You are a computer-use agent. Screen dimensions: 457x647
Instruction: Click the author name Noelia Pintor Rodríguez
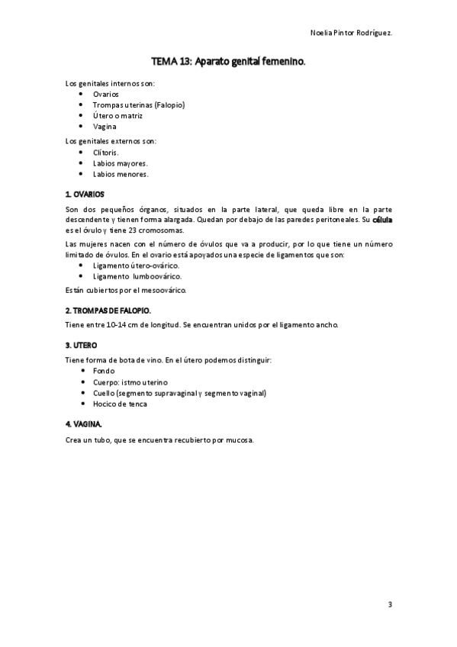pyautogui.click(x=351, y=33)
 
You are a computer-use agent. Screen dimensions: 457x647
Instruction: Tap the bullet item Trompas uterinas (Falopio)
pyautogui.click(x=139, y=105)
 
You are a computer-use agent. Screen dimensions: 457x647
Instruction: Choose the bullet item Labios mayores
pyautogui.click(x=121, y=163)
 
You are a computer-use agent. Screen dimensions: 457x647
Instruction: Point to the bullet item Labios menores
pyautogui.click(x=121, y=173)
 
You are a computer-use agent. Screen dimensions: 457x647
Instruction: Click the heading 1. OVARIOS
pyautogui.click(x=85, y=194)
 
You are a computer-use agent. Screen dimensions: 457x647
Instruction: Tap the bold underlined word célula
pyautogui.click(x=381, y=220)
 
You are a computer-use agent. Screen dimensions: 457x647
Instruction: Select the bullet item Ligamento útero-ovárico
pyautogui.click(x=136, y=265)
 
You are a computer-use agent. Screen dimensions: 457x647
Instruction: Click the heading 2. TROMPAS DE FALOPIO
pyautogui.click(x=108, y=311)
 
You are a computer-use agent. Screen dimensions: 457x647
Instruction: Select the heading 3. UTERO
pyautogui.click(x=81, y=345)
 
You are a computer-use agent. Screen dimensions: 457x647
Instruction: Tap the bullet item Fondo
pyautogui.click(x=104, y=370)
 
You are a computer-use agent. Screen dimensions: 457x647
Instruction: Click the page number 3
pyautogui.click(x=389, y=604)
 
